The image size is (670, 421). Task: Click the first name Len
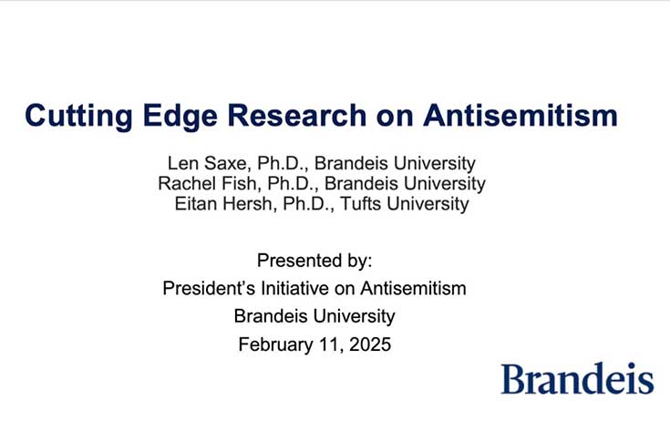point(182,164)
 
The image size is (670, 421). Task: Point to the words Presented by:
point(314,261)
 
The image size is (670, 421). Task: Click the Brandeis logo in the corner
point(577,377)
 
